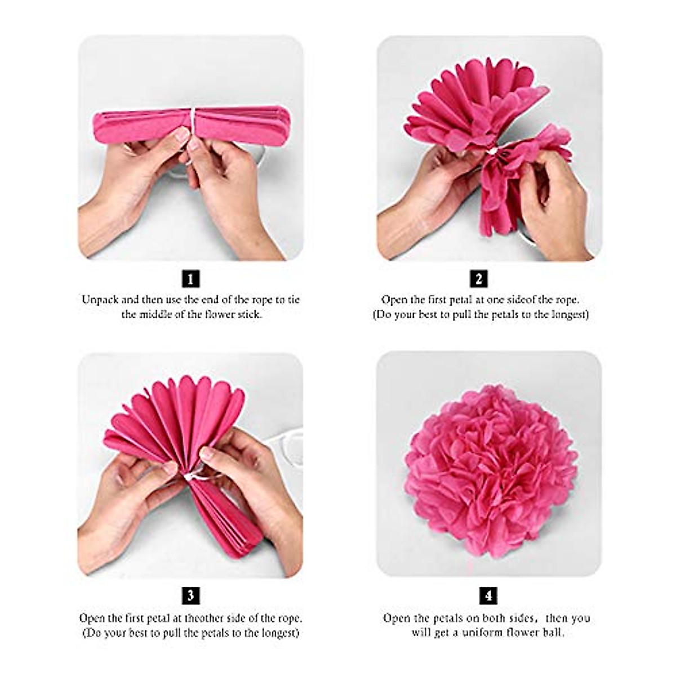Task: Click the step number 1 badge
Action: coord(191,279)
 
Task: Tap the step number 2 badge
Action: coord(479,279)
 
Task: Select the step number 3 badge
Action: coord(191,596)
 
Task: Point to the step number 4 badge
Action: coord(488,596)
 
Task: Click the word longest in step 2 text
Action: coord(568,314)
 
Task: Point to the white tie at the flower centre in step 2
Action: coord(493,152)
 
